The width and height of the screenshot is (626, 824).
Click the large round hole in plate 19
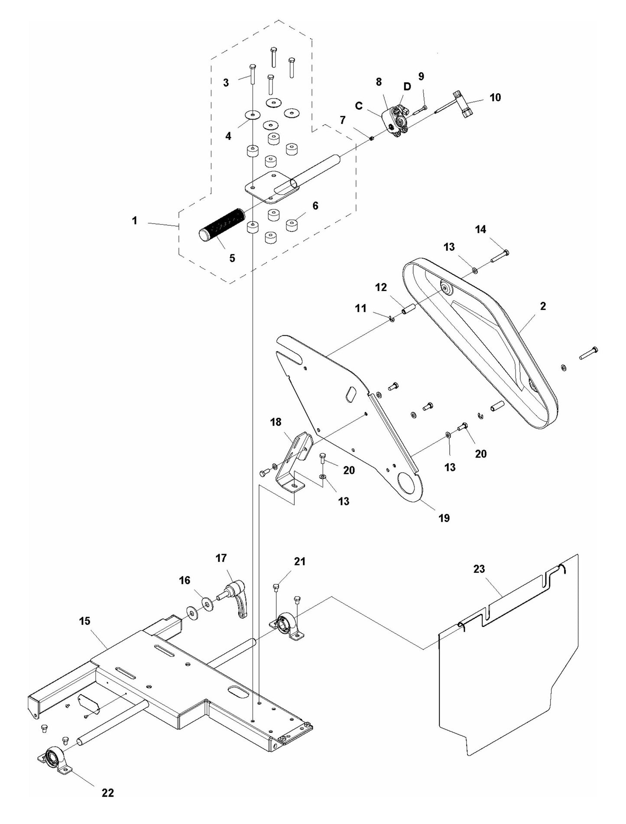click(408, 483)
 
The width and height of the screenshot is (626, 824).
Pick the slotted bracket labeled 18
click(296, 459)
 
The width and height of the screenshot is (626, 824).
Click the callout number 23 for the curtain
click(479, 568)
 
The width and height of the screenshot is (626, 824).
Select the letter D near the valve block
click(407, 87)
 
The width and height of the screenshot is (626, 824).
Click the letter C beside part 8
click(359, 106)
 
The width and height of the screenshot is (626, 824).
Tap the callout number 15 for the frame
click(85, 621)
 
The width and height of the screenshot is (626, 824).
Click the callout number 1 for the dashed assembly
click(135, 221)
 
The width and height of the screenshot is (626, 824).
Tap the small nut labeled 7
click(371, 138)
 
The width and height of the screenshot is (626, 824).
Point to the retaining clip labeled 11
click(392, 319)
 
